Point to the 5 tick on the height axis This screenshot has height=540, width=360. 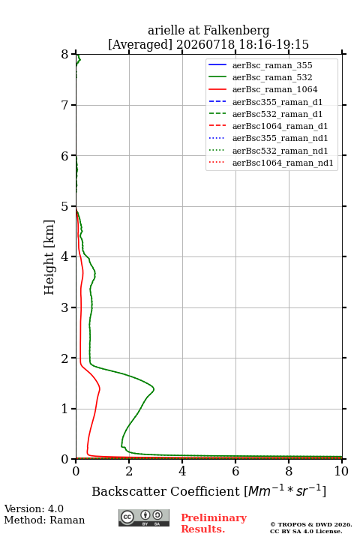[x=73, y=206]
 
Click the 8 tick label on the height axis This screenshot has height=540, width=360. [x=65, y=55]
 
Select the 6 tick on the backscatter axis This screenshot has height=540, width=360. [x=235, y=461]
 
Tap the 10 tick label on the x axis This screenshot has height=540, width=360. [x=341, y=471]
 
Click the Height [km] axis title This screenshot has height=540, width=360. [x=49, y=257]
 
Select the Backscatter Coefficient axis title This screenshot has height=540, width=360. [x=208, y=490]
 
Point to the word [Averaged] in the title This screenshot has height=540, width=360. [x=139, y=45]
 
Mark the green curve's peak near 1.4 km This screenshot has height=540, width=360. [x=154, y=389]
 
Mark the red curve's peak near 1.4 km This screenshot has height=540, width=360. [x=100, y=388]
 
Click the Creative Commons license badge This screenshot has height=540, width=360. [x=144, y=517]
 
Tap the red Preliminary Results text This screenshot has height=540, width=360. [x=214, y=523]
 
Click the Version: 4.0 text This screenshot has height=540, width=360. [x=34, y=508]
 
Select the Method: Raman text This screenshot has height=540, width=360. [x=44, y=520]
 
